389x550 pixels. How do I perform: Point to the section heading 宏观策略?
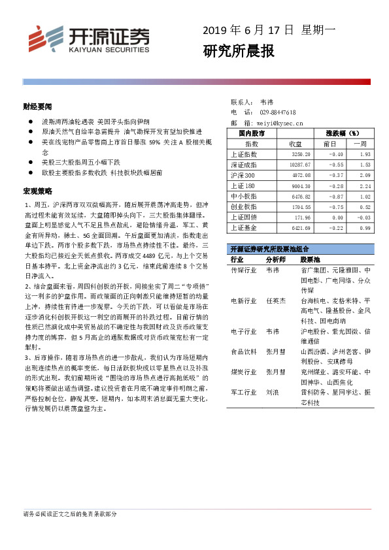click(x=37, y=191)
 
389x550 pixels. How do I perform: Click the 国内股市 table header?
click(x=250, y=133)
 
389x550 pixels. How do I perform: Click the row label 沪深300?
click(x=244, y=175)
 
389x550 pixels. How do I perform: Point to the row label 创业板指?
click(x=245, y=206)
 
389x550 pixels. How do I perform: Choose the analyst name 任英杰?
click(x=276, y=300)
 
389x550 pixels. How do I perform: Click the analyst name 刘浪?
click(x=272, y=393)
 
